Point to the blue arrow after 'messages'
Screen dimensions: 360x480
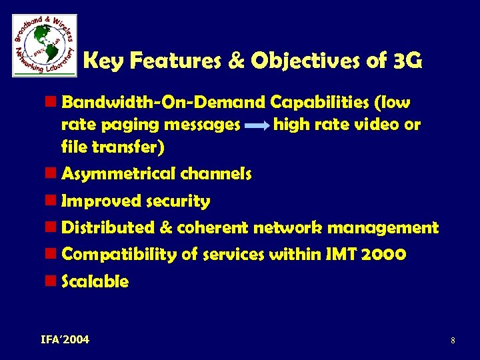point(257,125)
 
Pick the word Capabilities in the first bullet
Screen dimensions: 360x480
point(319,102)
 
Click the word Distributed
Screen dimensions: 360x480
point(107,227)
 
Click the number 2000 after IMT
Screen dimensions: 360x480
point(382,254)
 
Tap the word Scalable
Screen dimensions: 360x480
point(95,281)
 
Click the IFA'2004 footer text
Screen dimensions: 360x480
point(65,340)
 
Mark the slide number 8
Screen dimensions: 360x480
point(453,341)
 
